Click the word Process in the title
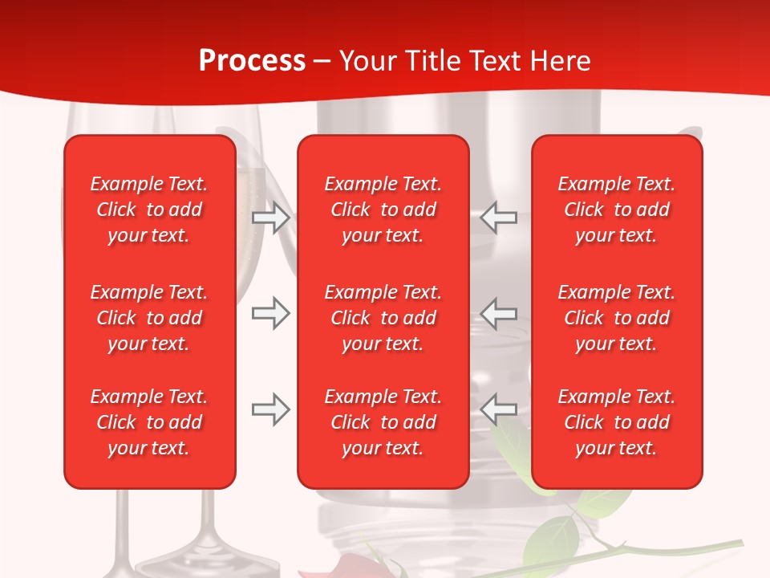click(252, 61)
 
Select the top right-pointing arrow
click(270, 217)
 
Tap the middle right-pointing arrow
click(270, 313)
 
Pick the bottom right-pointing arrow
click(270, 410)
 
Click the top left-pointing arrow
click(499, 217)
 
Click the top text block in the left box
click(149, 210)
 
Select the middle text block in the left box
click(149, 318)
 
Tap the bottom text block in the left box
click(149, 422)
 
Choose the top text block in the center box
click(383, 210)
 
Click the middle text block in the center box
click(383, 318)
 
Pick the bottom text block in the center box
click(383, 422)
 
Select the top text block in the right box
click(616, 210)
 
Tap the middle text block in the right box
click(616, 318)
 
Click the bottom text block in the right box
click(616, 422)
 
